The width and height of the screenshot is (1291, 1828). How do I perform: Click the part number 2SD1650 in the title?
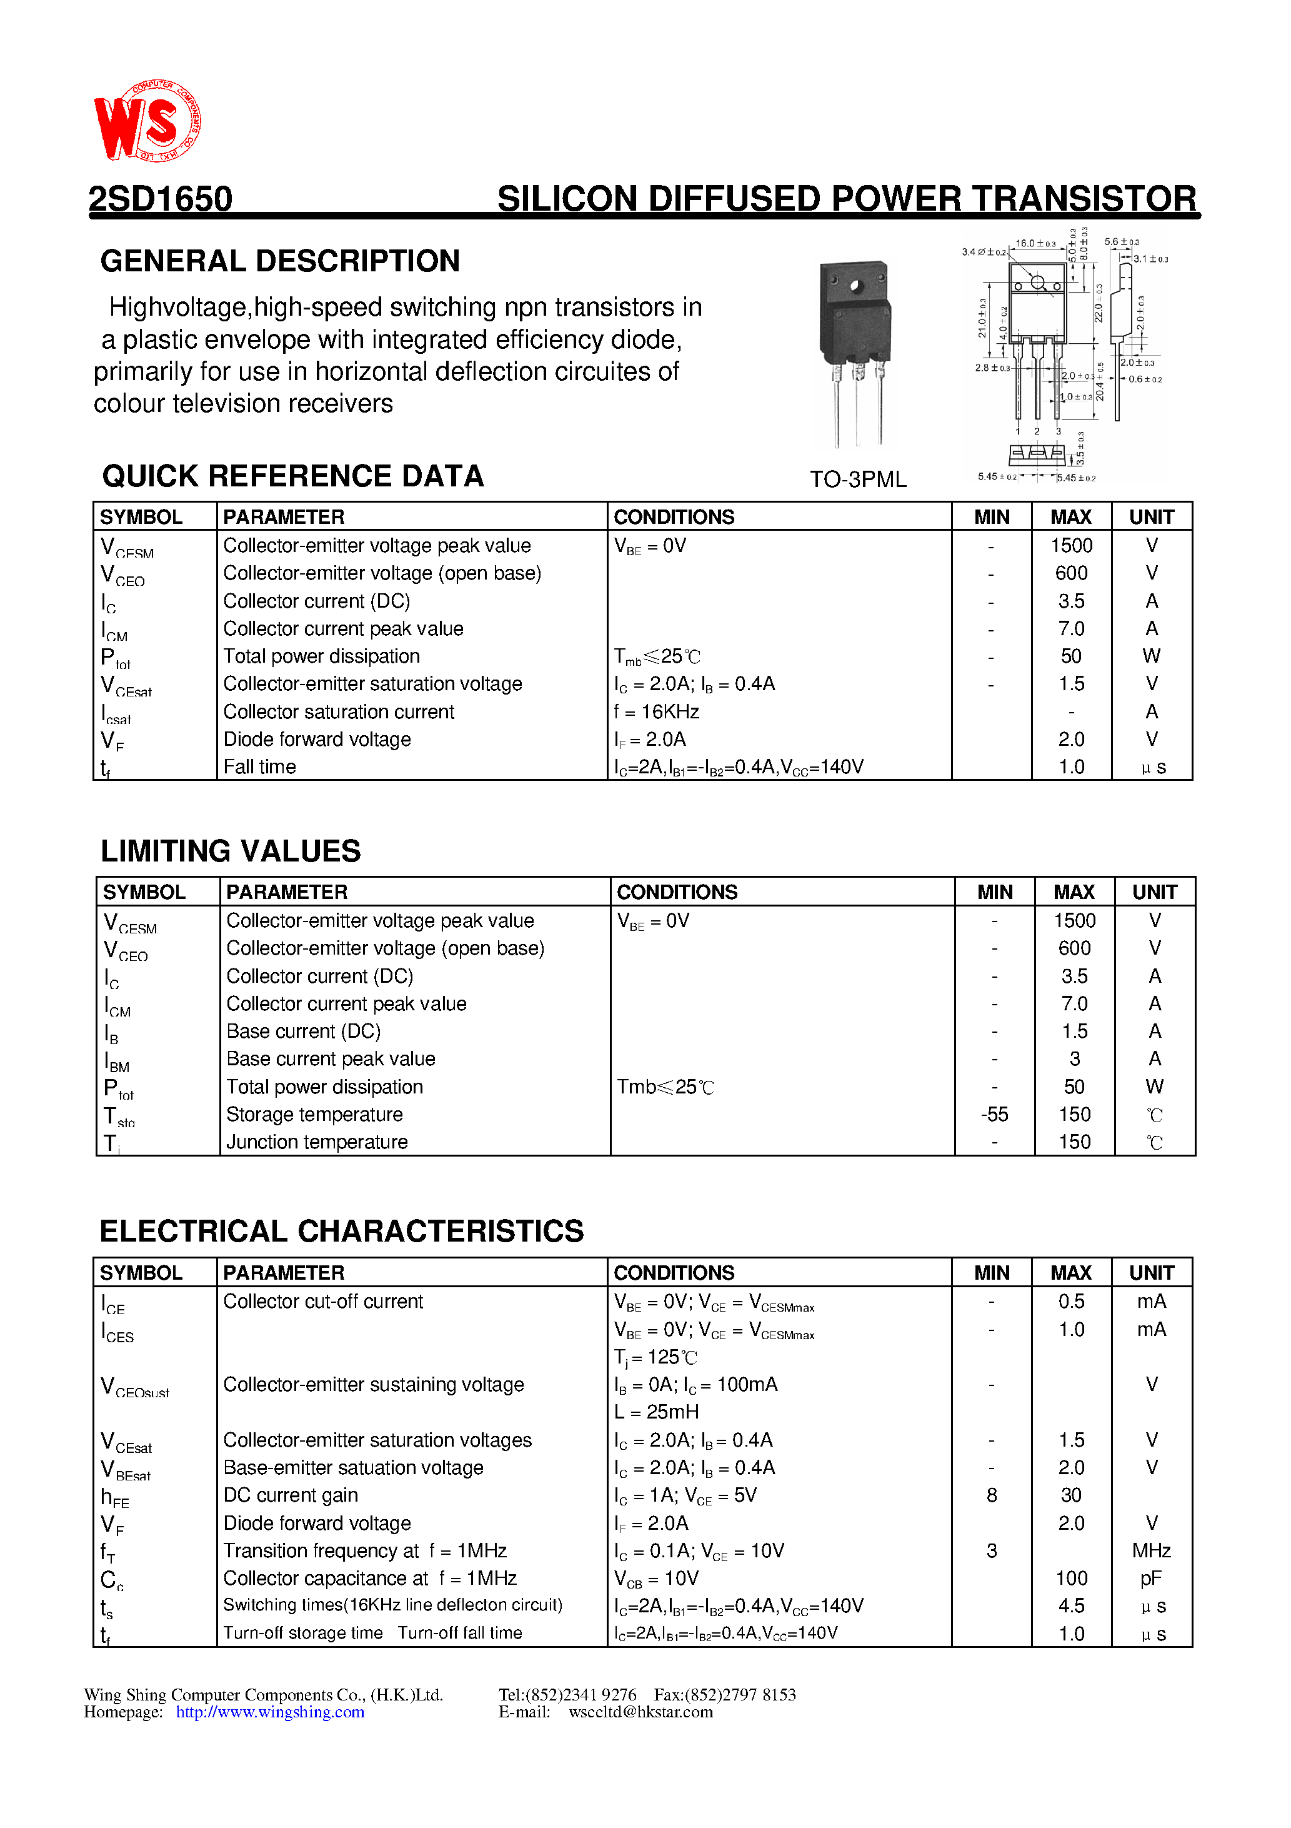click(160, 198)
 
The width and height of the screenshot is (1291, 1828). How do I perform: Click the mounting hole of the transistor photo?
click(855, 286)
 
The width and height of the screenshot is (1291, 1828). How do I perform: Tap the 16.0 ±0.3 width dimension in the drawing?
click(1034, 243)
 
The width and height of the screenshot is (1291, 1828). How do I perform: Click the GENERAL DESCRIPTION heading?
click(280, 261)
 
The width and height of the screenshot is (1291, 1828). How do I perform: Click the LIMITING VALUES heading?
click(230, 850)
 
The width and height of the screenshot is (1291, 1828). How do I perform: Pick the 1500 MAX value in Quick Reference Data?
click(1070, 545)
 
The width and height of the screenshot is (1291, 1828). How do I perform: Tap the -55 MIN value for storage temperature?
click(994, 1114)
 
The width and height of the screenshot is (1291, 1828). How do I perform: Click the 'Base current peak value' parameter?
click(331, 1059)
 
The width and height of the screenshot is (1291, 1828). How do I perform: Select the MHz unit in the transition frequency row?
click(1151, 1550)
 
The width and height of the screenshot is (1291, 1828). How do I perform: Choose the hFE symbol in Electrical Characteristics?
click(114, 1497)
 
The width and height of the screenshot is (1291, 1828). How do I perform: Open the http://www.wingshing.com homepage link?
click(270, 1712)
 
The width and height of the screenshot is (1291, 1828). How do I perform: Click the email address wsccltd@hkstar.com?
click(640, 1712)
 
